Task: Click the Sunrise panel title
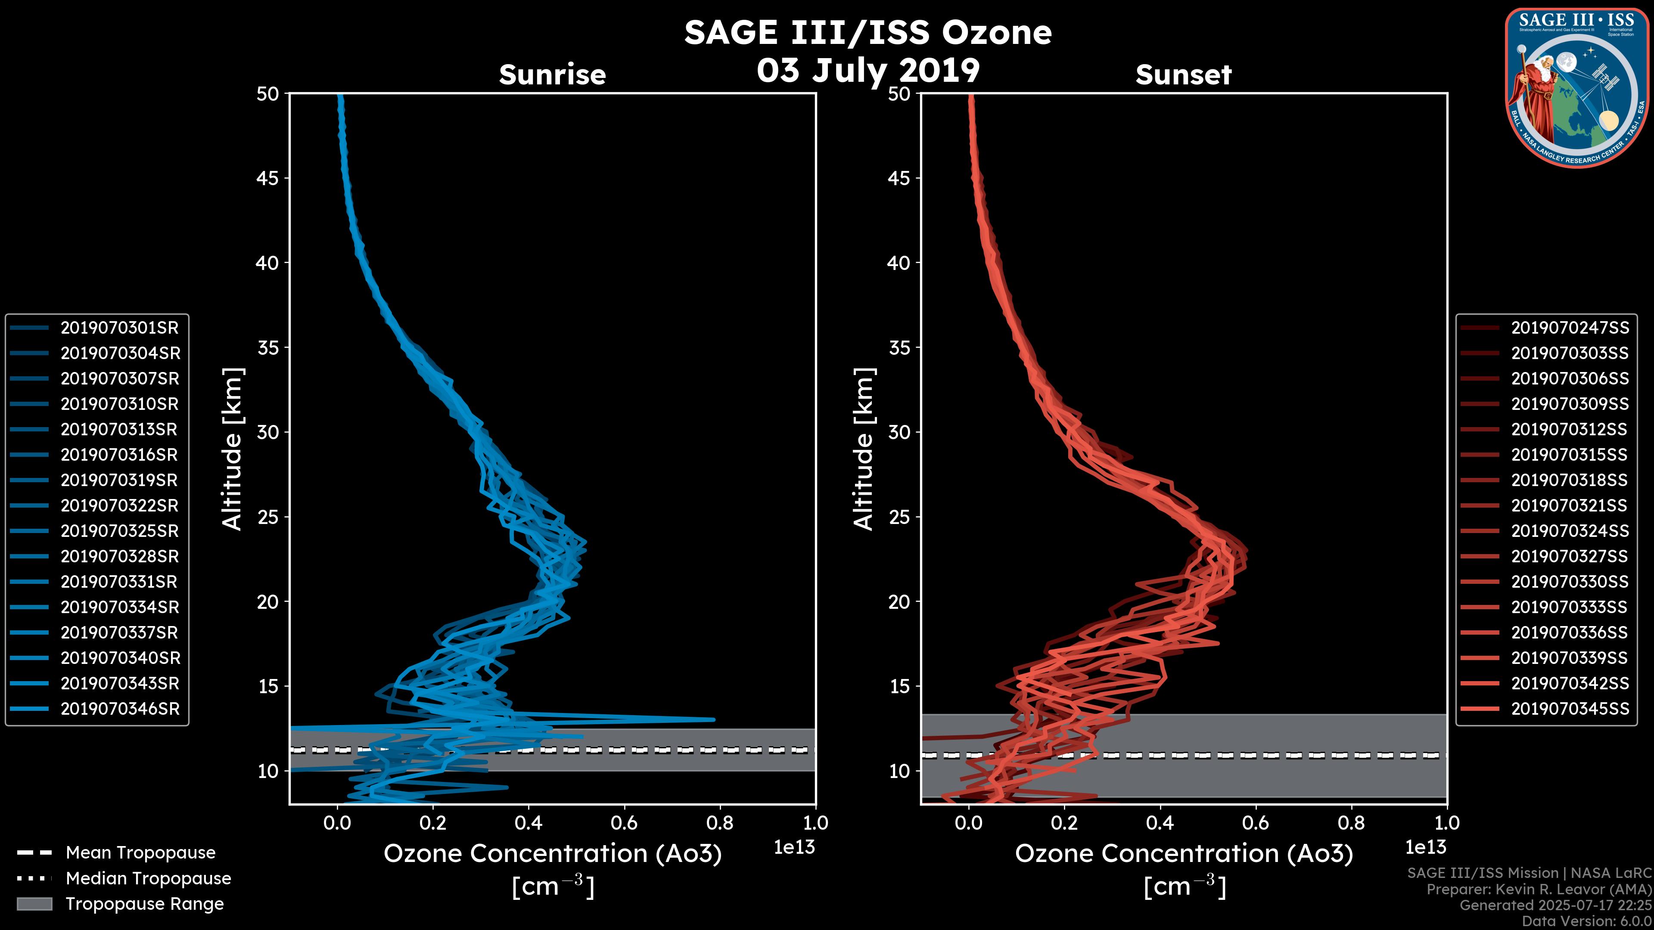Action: click(x=552, y=74)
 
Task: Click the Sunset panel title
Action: click(x=1183, y=74)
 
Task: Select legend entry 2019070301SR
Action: click(x=119, y=328)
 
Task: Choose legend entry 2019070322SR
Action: click(x=119, y=506)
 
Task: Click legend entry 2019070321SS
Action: click(x=1569, y=506)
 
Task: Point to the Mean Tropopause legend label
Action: click(x=140, y=853)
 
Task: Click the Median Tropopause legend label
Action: click(x=148, y=879)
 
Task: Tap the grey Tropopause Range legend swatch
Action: click(x=34, y=904)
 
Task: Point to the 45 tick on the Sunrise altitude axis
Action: click(x=268, y=178)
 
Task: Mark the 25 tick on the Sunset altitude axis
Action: click(x=899, y=517)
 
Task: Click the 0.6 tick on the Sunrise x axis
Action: click(x=624, y=823)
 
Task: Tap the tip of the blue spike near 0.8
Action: click(x=713, y=719)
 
